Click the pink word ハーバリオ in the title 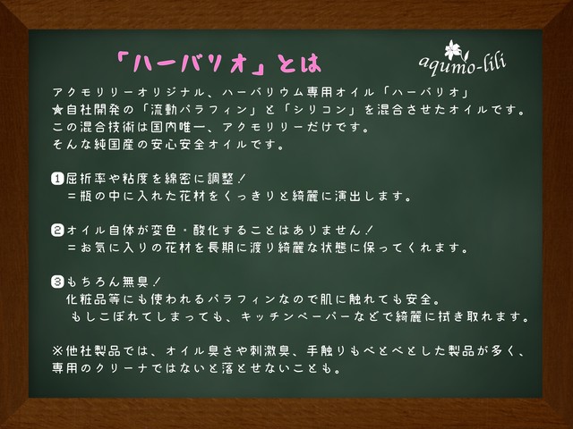pos(190,63)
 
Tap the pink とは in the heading pos(299,63)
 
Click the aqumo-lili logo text pos(463,65)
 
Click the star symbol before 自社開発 pos(57,110)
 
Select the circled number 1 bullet pos(57,179)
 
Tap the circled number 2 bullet pos(57,231)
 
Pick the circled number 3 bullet pos(57,282)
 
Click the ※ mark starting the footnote pos(57,351)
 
